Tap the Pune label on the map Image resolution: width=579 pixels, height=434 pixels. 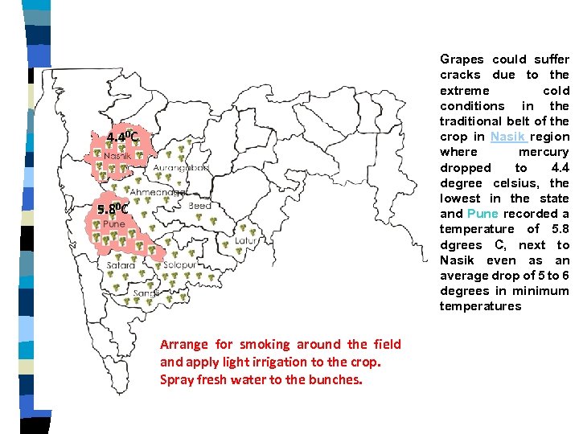(x=113, y=223)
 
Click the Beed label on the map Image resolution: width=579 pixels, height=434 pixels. (x=199, y=207)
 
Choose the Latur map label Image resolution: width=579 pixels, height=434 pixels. (x=245, y=240)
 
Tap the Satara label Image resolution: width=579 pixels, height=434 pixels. (x=121, y=264)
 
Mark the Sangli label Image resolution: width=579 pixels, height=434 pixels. (x=146, y=294)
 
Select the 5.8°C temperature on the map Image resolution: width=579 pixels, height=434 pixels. (x=113, y=210)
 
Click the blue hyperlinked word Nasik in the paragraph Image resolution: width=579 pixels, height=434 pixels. (x=507, y=137)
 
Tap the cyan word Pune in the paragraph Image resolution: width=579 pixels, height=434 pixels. (x=482, y=214)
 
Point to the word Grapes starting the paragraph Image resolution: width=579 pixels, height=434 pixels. (x=462, y=59)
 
